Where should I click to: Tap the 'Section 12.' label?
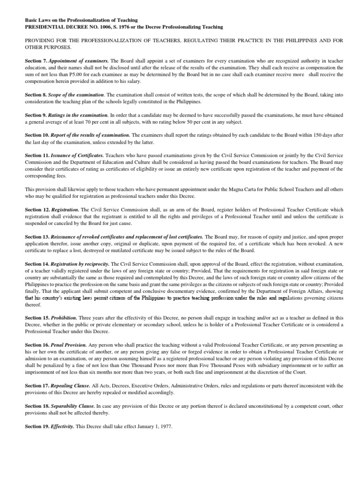click(x=37, y=210)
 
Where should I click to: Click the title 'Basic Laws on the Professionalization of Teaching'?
click(x=81, y=20)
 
